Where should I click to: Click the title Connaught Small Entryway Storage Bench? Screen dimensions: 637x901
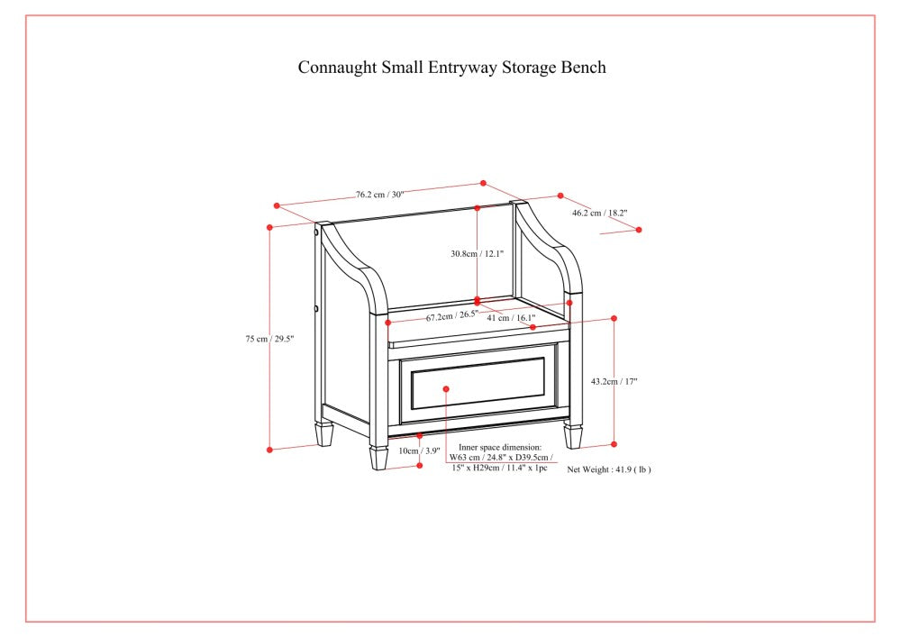(451, 68)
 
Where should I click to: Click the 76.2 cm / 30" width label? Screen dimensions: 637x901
(379, 194)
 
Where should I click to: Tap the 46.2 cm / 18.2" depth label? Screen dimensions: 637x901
(599, 214)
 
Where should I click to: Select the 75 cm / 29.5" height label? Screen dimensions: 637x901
(269, 339)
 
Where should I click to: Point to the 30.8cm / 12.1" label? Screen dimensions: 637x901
(477, 254)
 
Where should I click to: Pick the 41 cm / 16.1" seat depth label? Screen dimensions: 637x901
(511, 317)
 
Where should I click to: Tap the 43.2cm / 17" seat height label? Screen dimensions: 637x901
(614, 381)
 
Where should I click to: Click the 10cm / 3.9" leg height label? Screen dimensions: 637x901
(419, 450)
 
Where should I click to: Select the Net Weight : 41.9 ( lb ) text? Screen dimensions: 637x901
(608, 469)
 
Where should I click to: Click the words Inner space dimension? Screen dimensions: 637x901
(499, 447)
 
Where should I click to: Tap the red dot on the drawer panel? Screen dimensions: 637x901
(446, 388)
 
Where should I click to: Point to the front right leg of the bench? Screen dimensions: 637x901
(573, 436)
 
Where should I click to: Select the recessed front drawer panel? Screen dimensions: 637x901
(478, 383)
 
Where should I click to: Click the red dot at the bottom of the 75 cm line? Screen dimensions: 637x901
(269, 448)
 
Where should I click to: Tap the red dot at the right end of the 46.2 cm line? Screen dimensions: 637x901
(639, 230)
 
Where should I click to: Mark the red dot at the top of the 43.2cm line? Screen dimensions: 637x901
(614, 318)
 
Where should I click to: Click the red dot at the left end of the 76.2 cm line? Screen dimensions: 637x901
(277, 205)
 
